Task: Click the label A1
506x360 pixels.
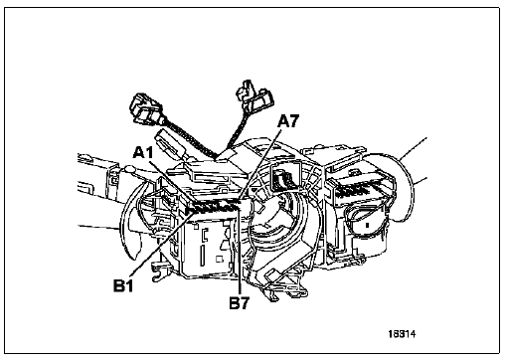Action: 143,153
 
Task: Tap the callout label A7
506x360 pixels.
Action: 288,121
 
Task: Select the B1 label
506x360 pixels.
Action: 123,285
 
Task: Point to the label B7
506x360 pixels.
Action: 240,303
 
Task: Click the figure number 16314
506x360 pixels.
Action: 402,334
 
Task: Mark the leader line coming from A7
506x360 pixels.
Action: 260,165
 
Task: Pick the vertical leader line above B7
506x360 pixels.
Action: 239,250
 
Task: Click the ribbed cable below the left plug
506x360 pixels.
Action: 190,139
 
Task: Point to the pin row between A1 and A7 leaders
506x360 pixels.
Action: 215,207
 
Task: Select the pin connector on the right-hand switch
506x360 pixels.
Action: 361,191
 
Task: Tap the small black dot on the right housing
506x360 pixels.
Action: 367,225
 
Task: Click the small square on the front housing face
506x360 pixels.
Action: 219,259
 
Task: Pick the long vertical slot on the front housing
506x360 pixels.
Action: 202,256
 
